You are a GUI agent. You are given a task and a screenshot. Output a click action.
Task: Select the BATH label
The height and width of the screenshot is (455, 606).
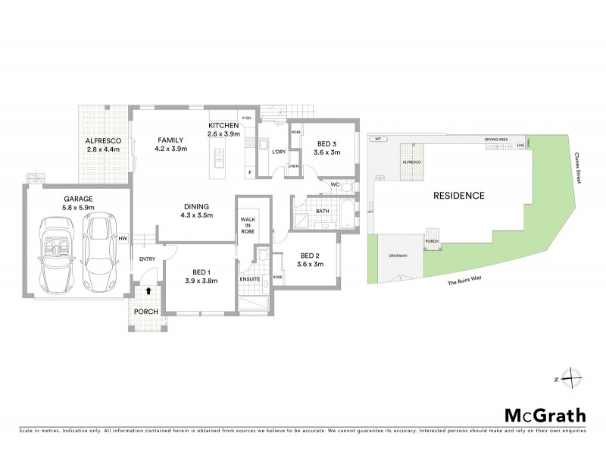click(x=322, y=212)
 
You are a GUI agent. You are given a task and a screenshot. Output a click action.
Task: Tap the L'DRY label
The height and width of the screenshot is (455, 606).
click(x=279, y=152)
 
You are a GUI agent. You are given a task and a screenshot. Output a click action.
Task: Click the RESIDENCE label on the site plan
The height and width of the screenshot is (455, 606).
click(x=458, y=195)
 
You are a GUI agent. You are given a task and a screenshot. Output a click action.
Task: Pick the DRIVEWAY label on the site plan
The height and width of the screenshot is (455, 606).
click(x=398, y=256)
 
